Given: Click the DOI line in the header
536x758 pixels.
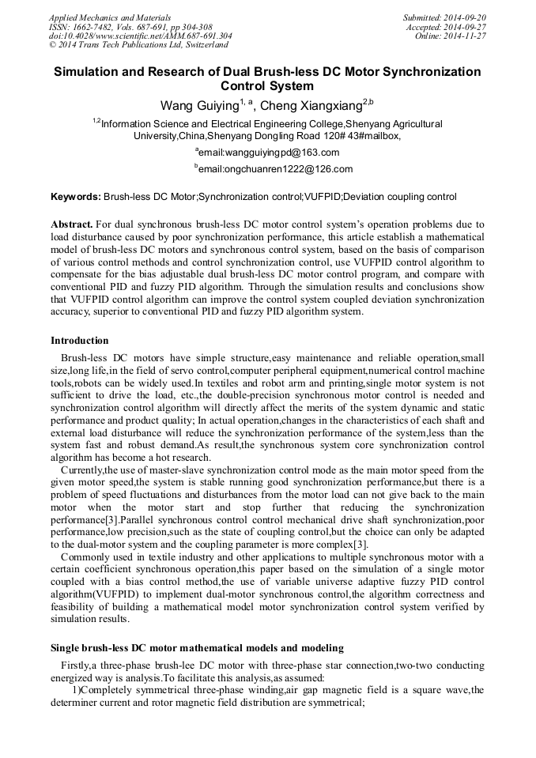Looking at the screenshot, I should pyautogui.click(x=140, y=36).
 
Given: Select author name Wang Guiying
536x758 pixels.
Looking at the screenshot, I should pyautogui.click(x=198, y=106).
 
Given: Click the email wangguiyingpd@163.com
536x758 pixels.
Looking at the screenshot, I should pyautogui.click(x=270, y=153).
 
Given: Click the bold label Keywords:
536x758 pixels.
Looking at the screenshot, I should pyautogui.click(x=76, y=196).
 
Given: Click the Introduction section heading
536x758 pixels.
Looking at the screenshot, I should pyautogui.click(x=80, y=341).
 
